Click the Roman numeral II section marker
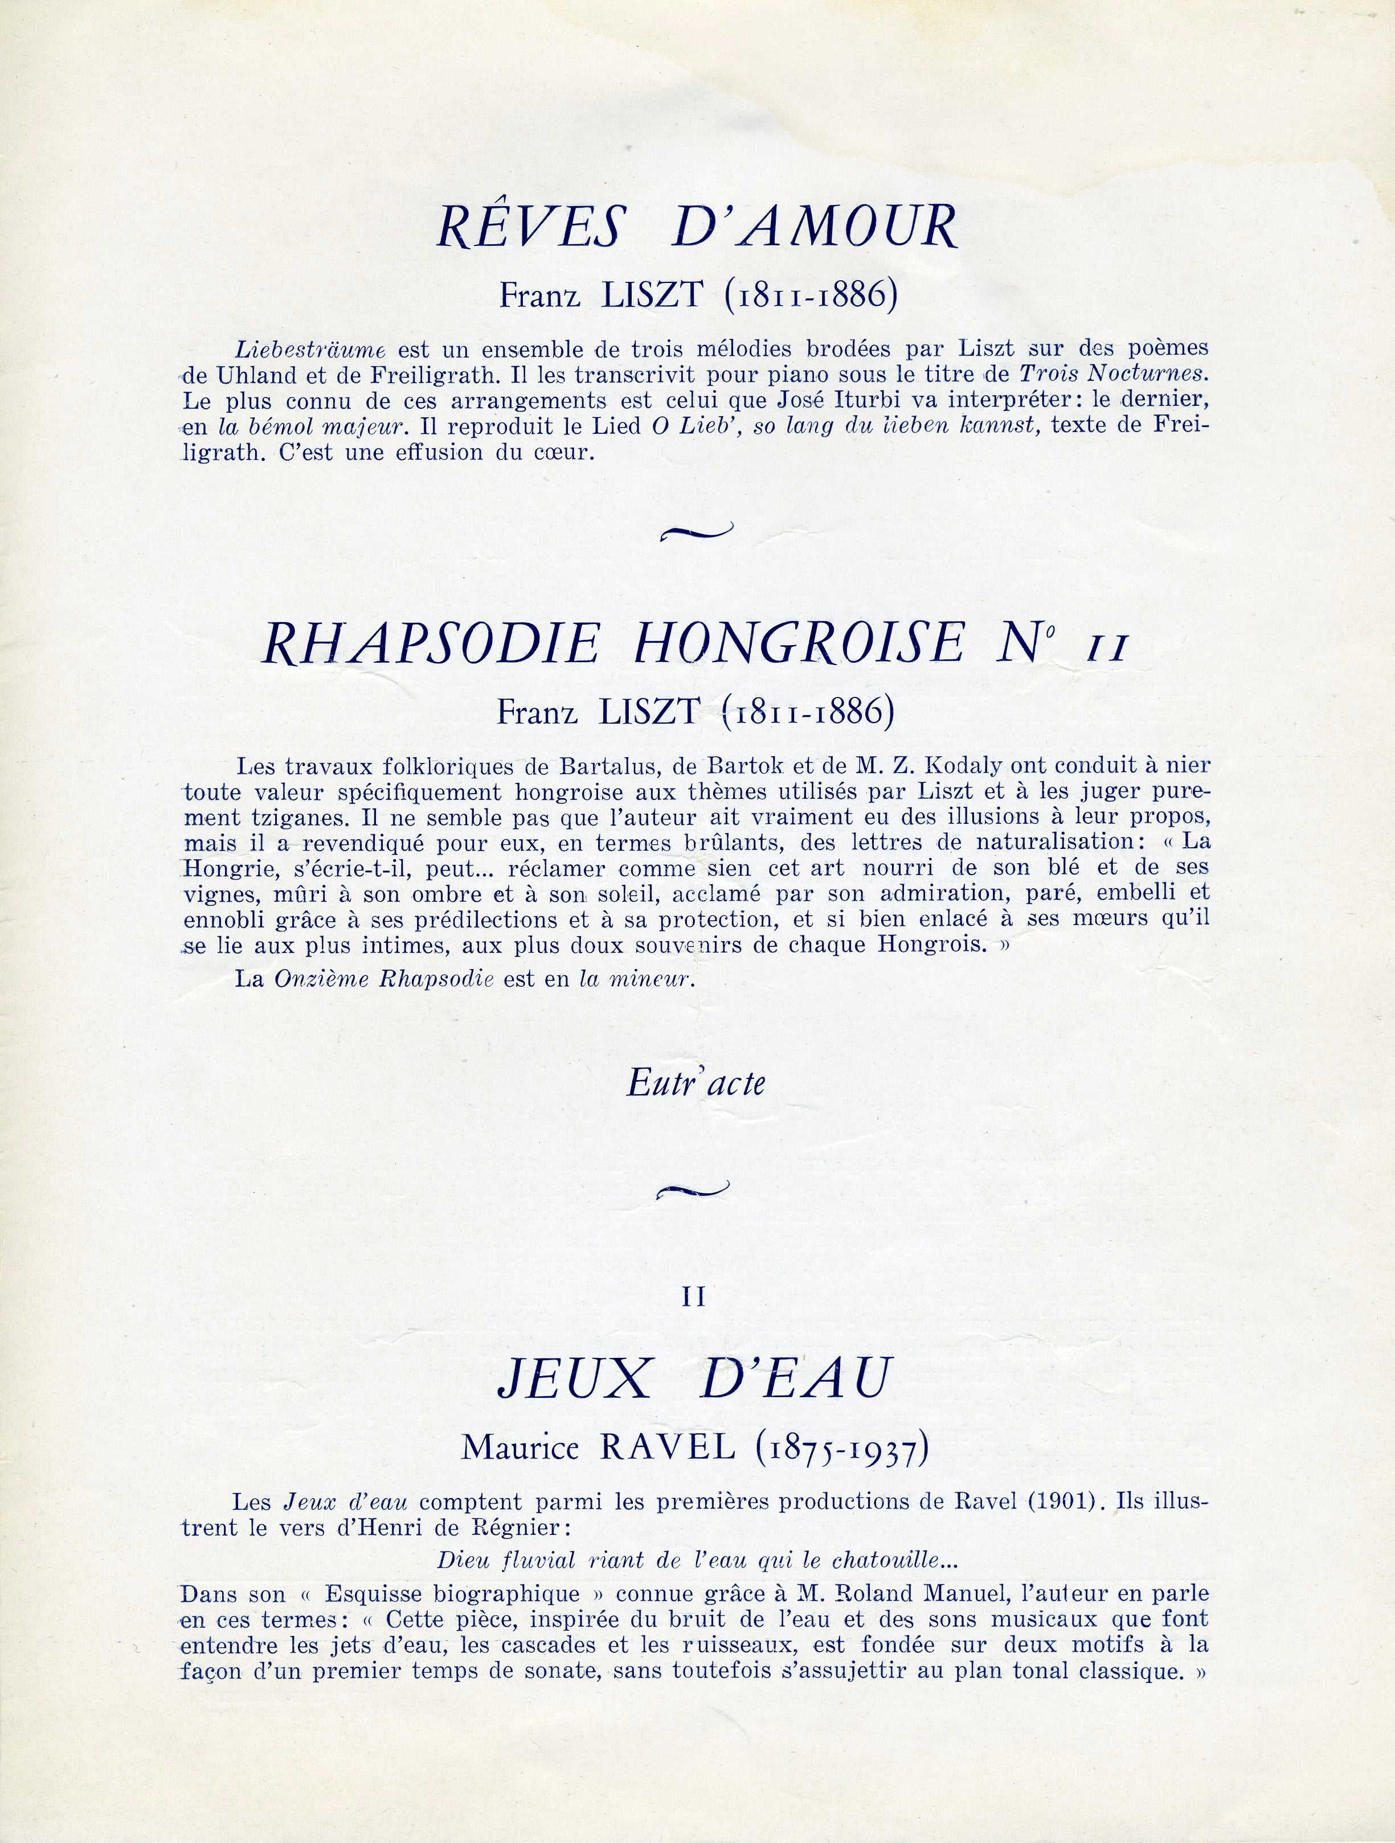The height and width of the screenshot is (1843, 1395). [694, 1296]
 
